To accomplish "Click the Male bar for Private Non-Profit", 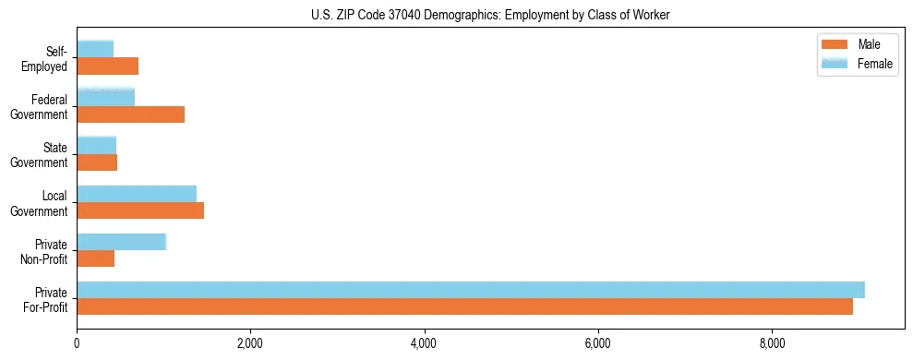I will (96, 259).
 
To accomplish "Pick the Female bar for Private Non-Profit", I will (121, 242).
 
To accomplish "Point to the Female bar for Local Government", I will (137, 193).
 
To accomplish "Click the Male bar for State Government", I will (97, 162).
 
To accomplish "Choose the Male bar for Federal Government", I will (130, 114).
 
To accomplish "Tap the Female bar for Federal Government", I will (105, 97).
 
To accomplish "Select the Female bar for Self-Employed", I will (95, 49).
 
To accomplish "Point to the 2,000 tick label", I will (250, 344).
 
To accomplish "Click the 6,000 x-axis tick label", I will (598, 344).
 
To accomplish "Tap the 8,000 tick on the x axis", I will (772, 344).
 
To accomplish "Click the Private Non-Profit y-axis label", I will (45, 251).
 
